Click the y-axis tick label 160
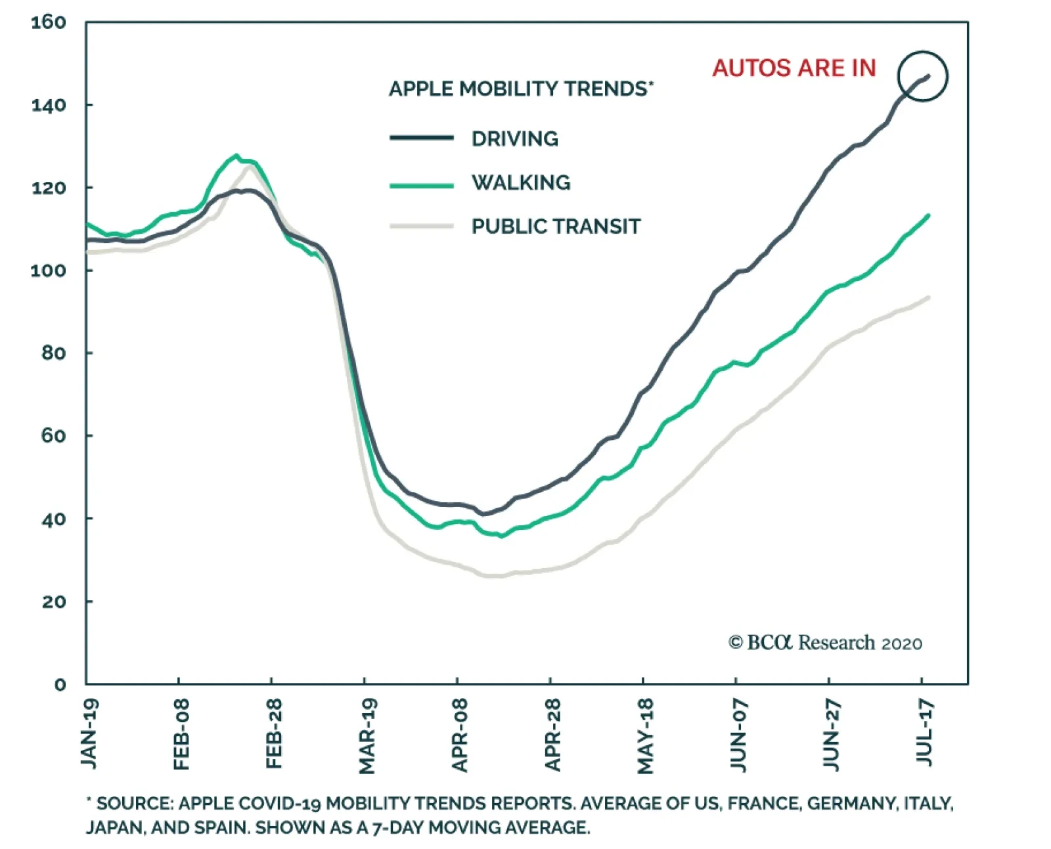coord(49,23)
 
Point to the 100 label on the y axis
coord(49,271)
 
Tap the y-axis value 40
coord(53,519)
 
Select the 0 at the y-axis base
coord(60,685)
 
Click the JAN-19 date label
coord(89,733)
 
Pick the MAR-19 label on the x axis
coord(367,736)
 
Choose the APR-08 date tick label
coord(460,735)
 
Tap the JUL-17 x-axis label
coord(924,732)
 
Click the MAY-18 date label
coord(646,736)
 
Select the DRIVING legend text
coord(515,139)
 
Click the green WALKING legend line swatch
coord(421,185)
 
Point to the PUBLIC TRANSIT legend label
coord(556,227)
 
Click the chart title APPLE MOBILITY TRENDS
coord(519,89)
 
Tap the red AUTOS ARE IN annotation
coord(794,68)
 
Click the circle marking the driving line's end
coord(923,76)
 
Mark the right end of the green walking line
coord(928,215)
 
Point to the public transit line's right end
coord(928,297)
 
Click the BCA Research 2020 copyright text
coord(825,642)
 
